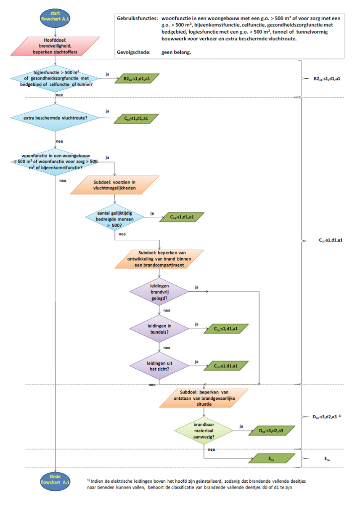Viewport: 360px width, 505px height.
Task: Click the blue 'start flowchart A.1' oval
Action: tap(56, 16)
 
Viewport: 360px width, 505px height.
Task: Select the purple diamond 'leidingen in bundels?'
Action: tap(159, 329)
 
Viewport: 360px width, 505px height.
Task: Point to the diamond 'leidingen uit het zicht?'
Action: tap(159, 366)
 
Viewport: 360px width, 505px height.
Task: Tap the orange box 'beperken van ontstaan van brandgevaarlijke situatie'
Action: tap(204, 398)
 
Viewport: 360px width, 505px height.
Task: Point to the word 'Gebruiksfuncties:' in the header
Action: tap(137, 19)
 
